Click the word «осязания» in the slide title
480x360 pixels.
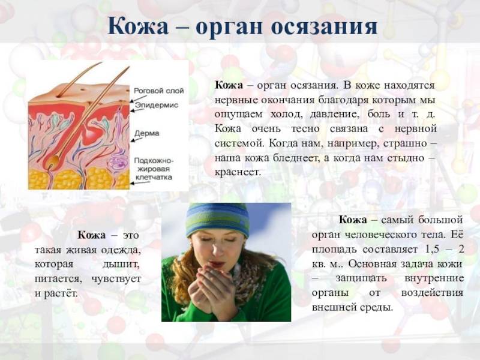coord(324,26)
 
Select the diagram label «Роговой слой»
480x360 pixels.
coord(159,91)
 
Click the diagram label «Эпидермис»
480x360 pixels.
coord(157,106)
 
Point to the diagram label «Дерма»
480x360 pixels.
coord(147,133)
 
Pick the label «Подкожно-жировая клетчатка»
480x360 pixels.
coord(154,169)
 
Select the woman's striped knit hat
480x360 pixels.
coord(218,219)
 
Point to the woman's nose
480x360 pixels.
coord(218,250)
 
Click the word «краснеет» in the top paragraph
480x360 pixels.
coord(237,172)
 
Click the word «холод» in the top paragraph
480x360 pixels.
coord(286,115)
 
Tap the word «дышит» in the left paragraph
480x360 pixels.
coord(121,264)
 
